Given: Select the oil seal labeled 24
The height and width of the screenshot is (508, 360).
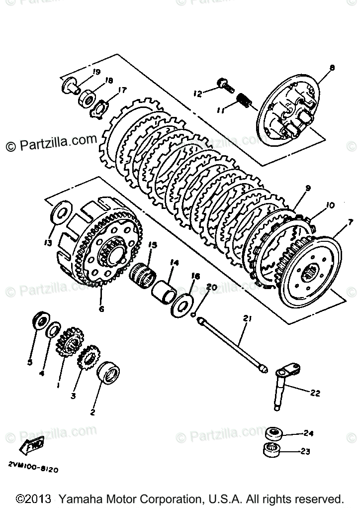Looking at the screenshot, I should [273, 433].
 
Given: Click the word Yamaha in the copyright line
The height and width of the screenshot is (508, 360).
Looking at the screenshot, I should [81, 499].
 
